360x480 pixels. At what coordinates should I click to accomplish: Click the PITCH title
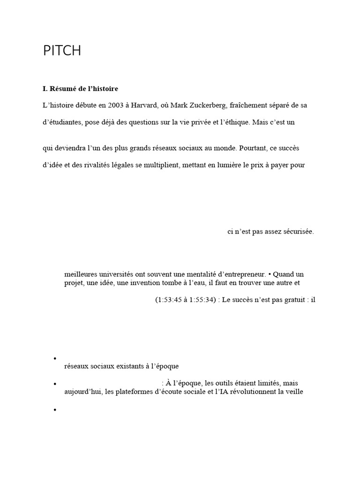[x=62, y=51]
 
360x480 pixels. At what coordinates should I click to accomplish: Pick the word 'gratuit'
[x=290, y=300]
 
